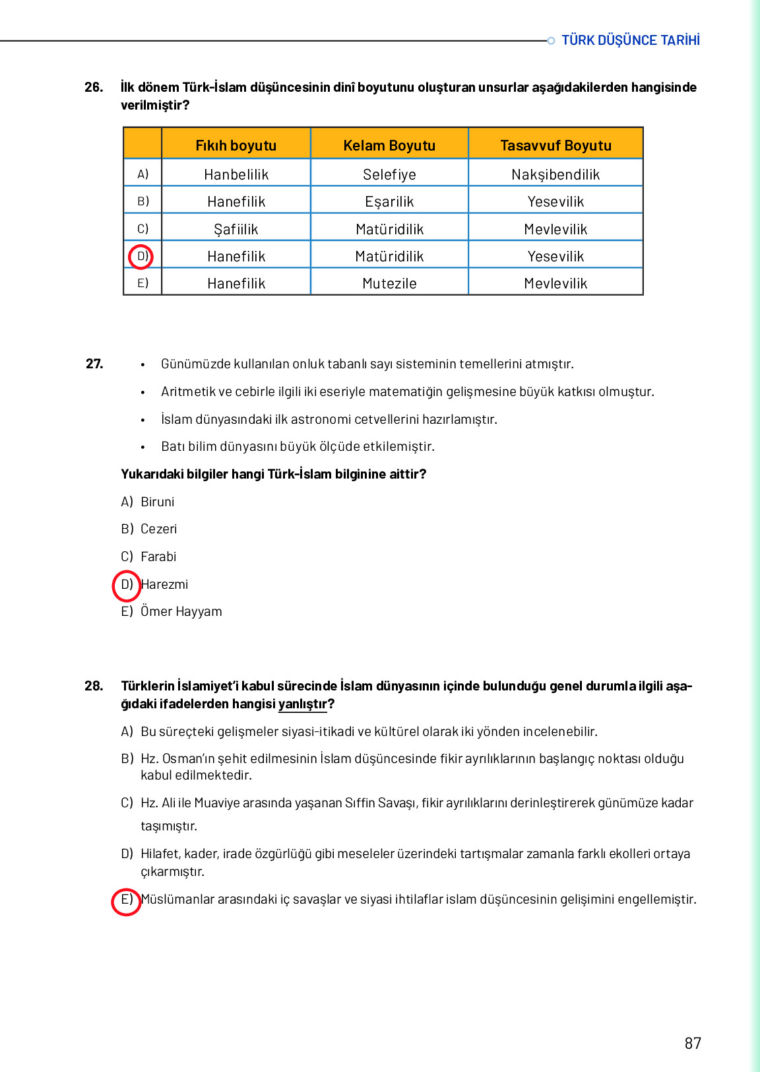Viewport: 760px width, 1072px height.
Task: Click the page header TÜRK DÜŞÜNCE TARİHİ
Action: coord(630,40)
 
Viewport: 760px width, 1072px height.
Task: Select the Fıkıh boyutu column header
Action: coord(236,145)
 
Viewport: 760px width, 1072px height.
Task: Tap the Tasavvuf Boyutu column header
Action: coord(555,145)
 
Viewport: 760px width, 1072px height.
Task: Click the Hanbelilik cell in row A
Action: coord(236,174)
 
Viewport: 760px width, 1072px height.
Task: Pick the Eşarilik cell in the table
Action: coord(389,201)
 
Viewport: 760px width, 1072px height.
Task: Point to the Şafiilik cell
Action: coord(236,229)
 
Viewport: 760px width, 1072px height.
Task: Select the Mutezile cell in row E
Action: coord(389,283)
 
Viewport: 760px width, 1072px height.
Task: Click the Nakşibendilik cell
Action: coord(555,174)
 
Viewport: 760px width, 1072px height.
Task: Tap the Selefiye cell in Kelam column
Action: coord(389,174)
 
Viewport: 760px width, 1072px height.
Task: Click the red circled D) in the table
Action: coord(141,256)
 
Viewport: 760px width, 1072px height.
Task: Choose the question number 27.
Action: coord(94,364)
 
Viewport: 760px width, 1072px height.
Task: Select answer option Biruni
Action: coord(157,502)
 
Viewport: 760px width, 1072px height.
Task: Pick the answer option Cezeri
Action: coord(158,529)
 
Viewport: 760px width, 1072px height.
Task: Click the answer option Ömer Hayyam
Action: coord(181,611)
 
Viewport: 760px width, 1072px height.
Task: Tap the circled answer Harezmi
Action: coord(164,584)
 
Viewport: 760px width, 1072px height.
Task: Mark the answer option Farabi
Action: coord(158,556)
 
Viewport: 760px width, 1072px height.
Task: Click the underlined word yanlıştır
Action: coord(302,704)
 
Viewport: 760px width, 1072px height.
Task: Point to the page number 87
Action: coord(693,1043)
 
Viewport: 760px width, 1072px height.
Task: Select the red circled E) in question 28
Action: coord(126,900)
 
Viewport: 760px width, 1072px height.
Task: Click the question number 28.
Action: coord(94,686)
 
